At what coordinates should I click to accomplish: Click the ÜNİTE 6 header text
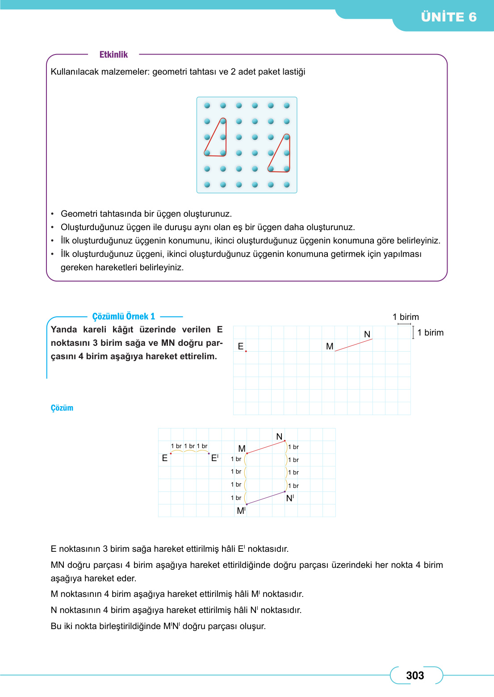point(448,17)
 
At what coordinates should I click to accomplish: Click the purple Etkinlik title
point(113,55)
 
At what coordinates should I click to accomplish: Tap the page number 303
point(415,676)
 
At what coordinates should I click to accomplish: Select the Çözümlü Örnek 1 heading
point(123,316)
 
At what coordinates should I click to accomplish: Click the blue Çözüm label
point(62,408)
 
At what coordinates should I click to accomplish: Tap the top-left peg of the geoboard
point(207,105)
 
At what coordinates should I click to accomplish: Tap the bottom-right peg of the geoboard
point(287,185)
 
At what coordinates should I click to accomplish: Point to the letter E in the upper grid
point(241,346)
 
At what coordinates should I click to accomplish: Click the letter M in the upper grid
point(330,346)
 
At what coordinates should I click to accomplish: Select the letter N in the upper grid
point(367,334)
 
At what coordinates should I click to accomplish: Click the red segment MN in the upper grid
point(353,345)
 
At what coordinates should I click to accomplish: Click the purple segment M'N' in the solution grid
point(266,498)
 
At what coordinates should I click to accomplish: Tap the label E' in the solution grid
point(215,458)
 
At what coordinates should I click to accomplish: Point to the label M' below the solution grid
point(241,511)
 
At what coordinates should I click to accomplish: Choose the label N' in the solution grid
point(290,498)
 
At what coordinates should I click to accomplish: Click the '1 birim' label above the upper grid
point(406,317)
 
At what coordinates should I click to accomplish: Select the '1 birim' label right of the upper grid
point(430,332)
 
